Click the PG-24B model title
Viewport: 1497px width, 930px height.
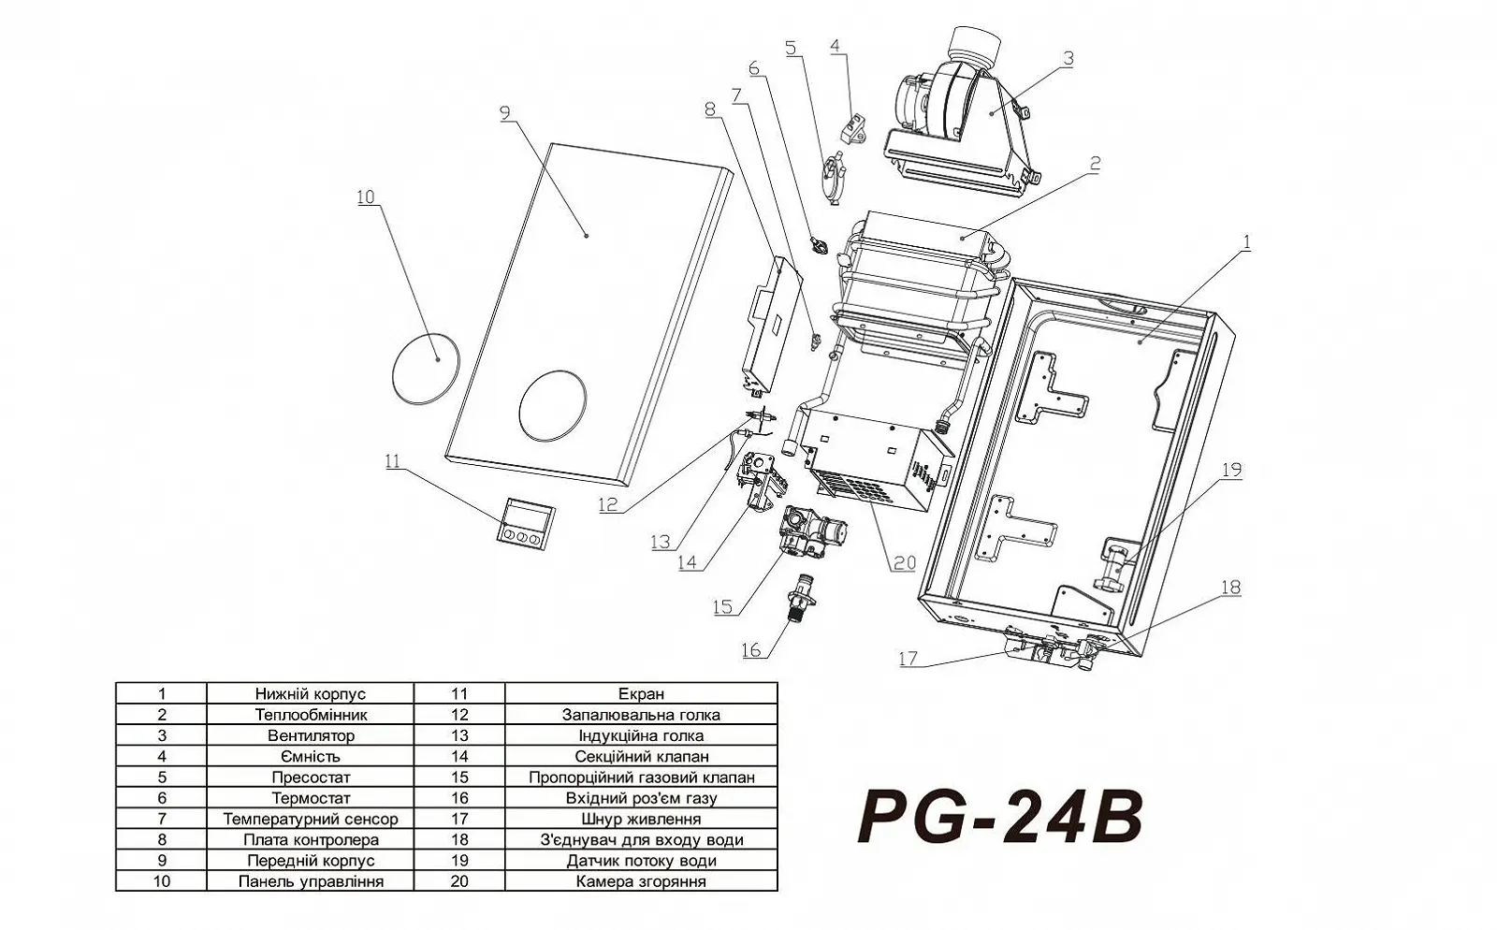pyautogui.click(x=1000, y=818)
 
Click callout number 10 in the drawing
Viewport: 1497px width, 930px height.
pyautogui.click(x=365, y=196)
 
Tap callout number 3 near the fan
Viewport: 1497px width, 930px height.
pyautogui.click(x=1067, y=58)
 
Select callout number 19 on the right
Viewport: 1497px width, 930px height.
pyautogui.click(x=1231, y=470)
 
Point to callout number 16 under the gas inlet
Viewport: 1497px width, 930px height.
pyautogui.click(x=751, y=651)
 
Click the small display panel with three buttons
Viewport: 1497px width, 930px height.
pyautogui.click(x=525, y=520)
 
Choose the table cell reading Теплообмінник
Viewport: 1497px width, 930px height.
pyautogui.click(x=311, y=715)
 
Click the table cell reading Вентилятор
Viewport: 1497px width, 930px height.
pyautogui.click(x=311, y=735)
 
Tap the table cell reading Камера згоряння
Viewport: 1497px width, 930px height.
pyautogui.click(x=641, y=881)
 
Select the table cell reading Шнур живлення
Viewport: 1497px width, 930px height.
pyautogui.click(x=641, y=819)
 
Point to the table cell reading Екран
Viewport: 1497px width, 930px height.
pyautogui.click(x=641, y=694)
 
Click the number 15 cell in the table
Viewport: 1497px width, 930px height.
pyautogui.click(x=459, y=777)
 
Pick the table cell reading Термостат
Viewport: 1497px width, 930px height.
pyautogui.click(x=311, y=798)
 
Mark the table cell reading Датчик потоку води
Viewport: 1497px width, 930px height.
pyautogui.click(x=641, y=861)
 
